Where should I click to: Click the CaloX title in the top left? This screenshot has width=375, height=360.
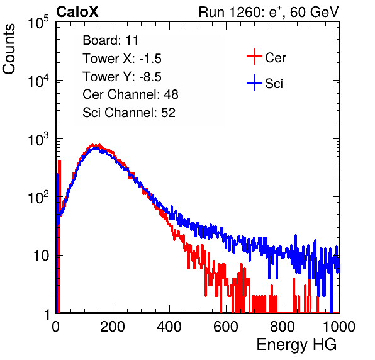(77, 12)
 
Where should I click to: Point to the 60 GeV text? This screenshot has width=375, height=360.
(314, 12)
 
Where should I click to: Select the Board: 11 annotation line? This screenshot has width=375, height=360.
(111, 40)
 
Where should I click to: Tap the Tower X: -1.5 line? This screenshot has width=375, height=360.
(122, 59)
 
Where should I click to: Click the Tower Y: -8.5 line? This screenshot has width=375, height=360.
(122, 77)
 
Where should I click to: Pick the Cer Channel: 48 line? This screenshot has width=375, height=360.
(130, 94)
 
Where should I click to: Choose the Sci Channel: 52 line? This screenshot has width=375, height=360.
(129, 113)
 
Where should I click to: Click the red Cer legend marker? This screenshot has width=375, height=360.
(254, 57)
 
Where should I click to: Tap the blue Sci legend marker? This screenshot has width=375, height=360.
(254, 82)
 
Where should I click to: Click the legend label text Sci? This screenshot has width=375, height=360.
(274, 84)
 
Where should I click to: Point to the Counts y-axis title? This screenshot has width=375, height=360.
(9, 49)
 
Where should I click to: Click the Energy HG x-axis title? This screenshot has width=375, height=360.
(296, 345)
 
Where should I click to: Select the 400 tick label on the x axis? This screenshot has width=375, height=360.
(169, 327)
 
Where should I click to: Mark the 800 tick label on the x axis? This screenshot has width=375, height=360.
(283, 327)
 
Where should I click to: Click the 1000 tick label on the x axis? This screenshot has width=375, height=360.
(339, 327)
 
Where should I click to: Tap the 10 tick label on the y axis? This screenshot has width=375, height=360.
(41, 256)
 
